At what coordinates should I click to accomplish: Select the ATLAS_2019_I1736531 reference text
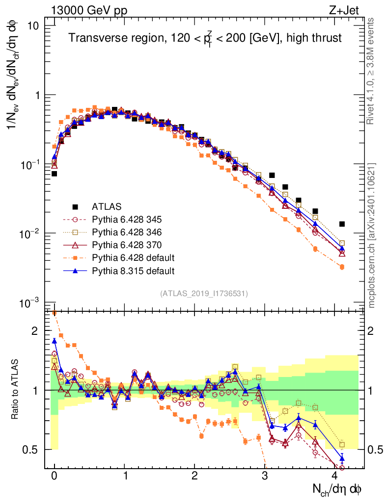204,294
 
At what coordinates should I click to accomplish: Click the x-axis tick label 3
265,476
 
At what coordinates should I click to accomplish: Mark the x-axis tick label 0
54,476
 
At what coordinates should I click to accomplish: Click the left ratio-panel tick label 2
35,331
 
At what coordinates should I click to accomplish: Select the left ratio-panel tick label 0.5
31,450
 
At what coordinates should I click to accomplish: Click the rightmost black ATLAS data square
342,224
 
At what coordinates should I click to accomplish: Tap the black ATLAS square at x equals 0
54,174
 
